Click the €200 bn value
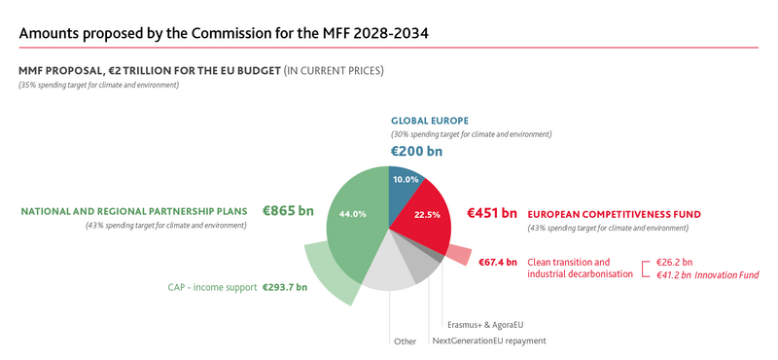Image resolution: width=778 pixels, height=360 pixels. coord(416,152)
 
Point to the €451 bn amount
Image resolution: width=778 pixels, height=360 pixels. coord(492,212)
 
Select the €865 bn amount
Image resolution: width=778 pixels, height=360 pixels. coord(292,209)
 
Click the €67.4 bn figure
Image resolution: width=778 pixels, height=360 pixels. coord(498,263)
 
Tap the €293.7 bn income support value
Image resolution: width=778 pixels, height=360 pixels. coord(285,287)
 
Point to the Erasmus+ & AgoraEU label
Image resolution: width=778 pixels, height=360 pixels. coord(491,323)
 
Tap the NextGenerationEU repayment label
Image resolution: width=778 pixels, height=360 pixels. coord(488,341)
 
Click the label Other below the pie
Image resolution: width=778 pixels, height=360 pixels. coord(405,342)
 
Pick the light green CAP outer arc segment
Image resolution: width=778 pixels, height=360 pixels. coord(327,272)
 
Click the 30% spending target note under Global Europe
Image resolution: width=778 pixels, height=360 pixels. coord(471,134)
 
